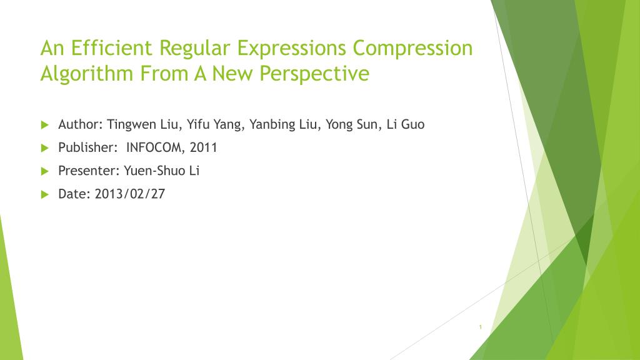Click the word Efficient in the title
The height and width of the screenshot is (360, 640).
coord(111,47)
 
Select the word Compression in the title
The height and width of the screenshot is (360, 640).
coord(412,48)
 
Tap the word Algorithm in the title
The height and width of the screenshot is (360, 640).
coord(87,74)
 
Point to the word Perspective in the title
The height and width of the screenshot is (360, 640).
coord(314,74)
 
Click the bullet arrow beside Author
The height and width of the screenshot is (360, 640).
coord(45,124)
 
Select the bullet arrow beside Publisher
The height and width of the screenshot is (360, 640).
coord(45,147)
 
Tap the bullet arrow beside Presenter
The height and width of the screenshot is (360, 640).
coord(45,171)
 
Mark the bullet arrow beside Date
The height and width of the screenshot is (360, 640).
coord(45,194)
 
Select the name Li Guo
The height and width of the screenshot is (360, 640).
coord(405,124)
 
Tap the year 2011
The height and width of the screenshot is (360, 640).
coord(203,147)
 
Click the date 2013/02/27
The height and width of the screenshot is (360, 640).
coord(130,194)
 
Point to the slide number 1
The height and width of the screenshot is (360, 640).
coord(481,327)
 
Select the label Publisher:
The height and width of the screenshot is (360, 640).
coord(87,147)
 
